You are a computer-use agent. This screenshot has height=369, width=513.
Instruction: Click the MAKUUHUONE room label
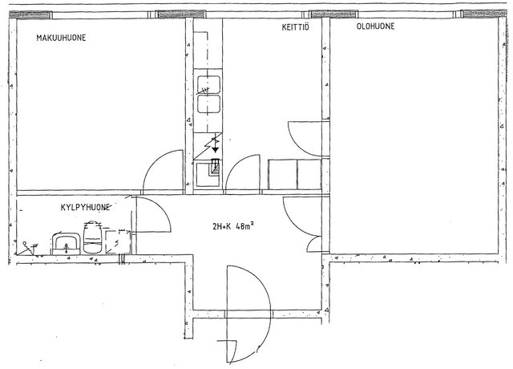tap(61, 38)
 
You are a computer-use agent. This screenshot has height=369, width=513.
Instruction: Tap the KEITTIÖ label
tap(296, 26)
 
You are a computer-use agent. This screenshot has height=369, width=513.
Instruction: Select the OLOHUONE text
tap(375, 26)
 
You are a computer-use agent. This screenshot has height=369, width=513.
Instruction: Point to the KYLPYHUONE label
tap(85, 207)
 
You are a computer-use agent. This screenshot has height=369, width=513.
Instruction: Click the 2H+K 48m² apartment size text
tap(233, 226)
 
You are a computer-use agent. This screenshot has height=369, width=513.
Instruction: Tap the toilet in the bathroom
tap(93, 237)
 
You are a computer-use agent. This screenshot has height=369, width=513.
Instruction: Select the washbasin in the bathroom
tap(66, 244)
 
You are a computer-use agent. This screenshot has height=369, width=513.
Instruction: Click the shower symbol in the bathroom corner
tap(29, 248)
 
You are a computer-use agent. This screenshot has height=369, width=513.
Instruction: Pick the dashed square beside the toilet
tap(118, 241)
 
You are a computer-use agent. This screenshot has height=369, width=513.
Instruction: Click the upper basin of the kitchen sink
tap(208, 85)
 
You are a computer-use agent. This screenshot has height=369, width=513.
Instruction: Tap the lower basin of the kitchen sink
tap(208, 104)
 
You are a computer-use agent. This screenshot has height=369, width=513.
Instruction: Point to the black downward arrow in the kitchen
tap(215, 150)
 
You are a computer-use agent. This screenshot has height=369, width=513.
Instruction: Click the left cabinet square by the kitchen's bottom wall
tap(283, 175)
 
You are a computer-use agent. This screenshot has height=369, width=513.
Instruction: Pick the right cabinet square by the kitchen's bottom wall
tap(309, 175)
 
